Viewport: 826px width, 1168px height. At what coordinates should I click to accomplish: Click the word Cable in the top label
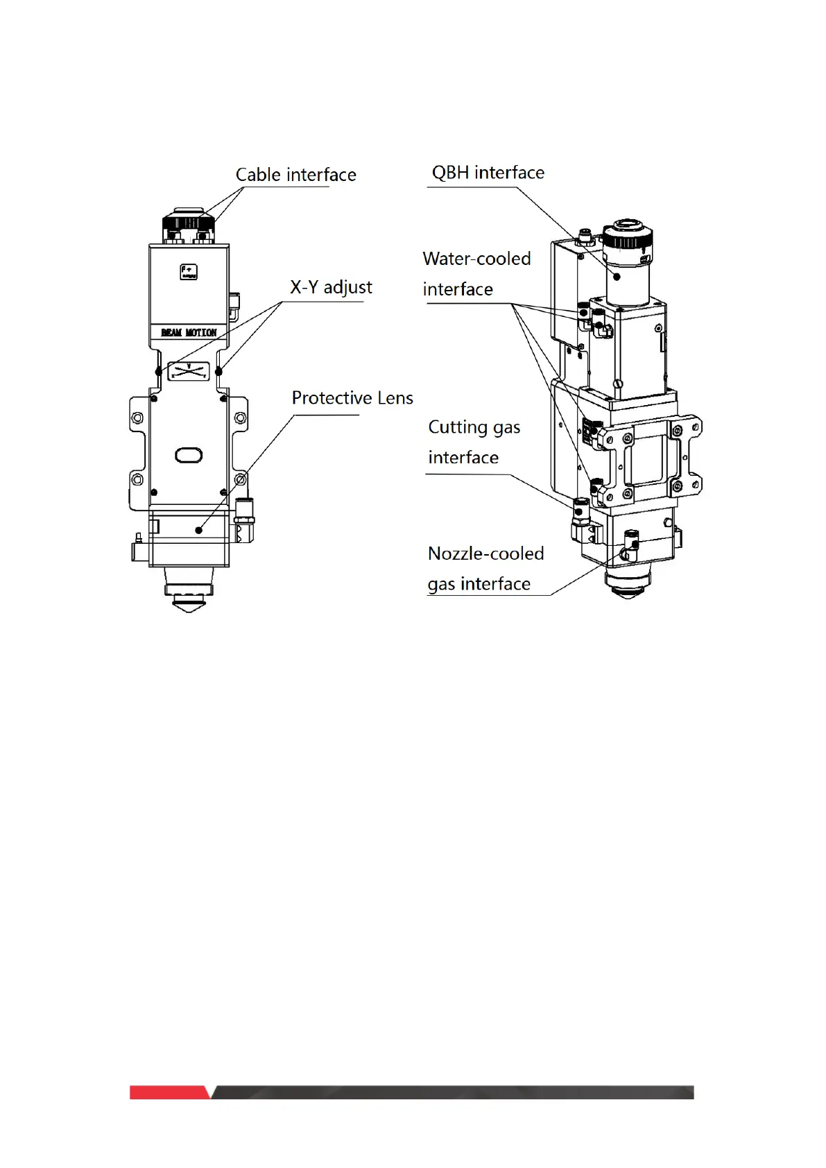258,175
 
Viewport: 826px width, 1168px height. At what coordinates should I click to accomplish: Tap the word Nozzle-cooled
485,553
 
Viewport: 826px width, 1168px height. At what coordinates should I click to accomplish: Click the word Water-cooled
476,259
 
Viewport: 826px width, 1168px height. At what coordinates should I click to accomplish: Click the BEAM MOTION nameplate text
189,333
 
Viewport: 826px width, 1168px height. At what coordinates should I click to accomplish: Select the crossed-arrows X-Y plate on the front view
189,371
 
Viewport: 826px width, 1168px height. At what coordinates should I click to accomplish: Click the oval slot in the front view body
189,455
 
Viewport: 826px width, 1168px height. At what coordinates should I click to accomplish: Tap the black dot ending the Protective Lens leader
199,530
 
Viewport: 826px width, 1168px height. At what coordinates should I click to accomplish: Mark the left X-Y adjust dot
159,372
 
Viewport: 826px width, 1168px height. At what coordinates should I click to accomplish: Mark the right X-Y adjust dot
218,372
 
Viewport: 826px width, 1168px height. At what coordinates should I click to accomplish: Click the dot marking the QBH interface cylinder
617,277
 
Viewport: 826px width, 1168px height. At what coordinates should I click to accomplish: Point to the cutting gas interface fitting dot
577,511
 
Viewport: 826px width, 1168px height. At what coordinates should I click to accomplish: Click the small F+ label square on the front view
189,272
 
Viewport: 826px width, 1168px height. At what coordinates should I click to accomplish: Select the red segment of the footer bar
169,1092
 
